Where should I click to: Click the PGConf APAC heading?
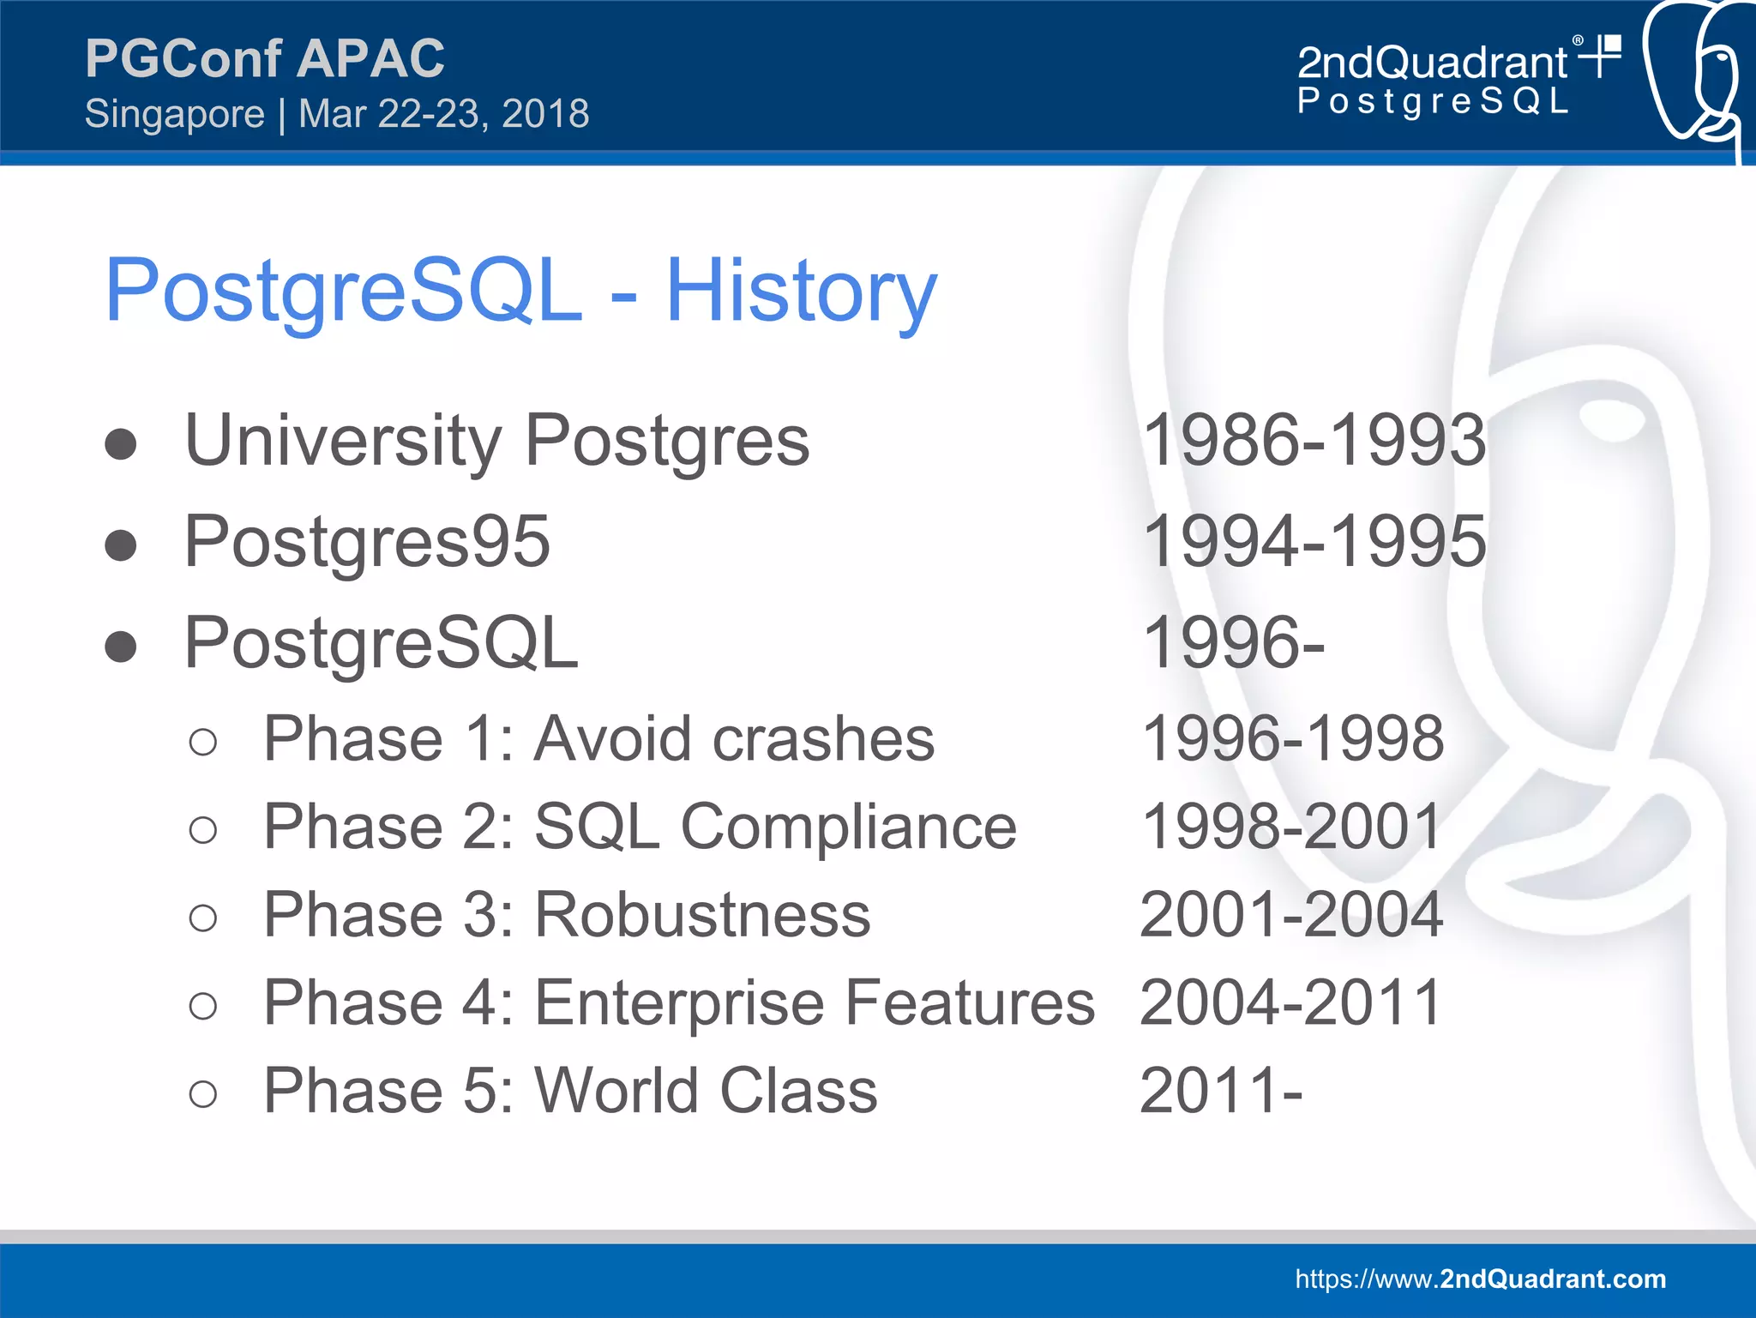point(264,58)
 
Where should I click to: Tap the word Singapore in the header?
point(175,114)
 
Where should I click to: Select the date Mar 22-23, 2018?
point(443,114)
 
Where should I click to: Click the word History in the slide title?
point(801,292)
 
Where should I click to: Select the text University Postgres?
point(496,441)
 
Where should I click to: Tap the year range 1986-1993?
point(1314,441)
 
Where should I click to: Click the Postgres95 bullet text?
point(367,542)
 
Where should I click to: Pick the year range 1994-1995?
point(1314,542)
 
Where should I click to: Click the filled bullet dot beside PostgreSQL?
point(121,647)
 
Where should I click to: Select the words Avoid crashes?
point(734,739)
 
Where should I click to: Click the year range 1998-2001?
point(1291,828)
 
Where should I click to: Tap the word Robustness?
point(702,915)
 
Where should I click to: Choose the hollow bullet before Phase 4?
point(203,1006)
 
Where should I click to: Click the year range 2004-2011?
point(1290,1003)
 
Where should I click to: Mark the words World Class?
point(706,1091)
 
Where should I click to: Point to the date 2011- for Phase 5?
point(1221,1091)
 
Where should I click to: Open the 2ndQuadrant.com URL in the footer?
point(1480,1279)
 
